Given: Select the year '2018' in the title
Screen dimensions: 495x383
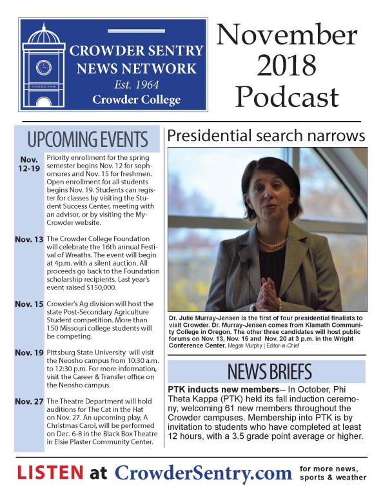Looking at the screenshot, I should pyautogui.click(x=287, y=65).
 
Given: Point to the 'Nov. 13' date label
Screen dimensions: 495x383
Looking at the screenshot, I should pyautogui.click(x=28, y=239).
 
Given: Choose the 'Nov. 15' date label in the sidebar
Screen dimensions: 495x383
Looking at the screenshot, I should pyautogui.click(x=28, y=304).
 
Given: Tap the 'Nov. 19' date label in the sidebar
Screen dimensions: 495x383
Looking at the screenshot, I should pyautogui.click(x=28, y=353).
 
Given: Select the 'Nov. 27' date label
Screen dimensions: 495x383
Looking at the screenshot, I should pyautogui.click(x=28, y=402).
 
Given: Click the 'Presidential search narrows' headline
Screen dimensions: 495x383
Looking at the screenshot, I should pyautogui.click(x=264, y=136).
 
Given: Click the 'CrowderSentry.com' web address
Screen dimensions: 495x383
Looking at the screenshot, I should pyautogui.click(x=203, y=473).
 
